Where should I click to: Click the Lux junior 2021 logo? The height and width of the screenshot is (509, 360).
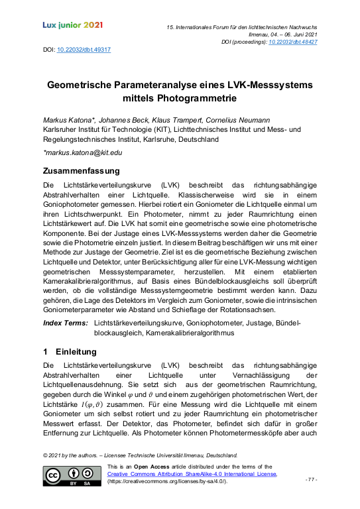tap(72, 25)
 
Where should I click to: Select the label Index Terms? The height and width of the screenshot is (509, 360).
tap(65, 322)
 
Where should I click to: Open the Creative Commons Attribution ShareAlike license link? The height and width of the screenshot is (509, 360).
tap(192, 474)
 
